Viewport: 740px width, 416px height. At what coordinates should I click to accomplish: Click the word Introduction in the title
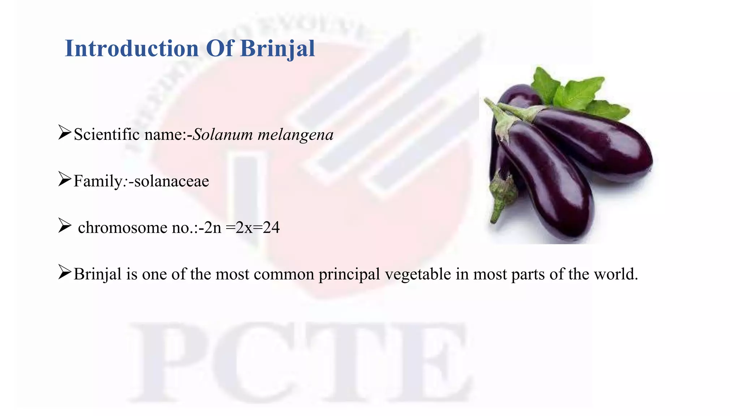coord(132,48)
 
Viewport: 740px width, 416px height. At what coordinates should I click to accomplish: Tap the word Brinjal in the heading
coord(277,48)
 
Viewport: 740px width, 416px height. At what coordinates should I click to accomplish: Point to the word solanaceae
coord(172,181)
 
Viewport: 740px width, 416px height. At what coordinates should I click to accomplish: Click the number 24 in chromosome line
coord(271,227)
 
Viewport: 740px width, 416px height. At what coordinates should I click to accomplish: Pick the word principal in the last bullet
coord(349,274)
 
